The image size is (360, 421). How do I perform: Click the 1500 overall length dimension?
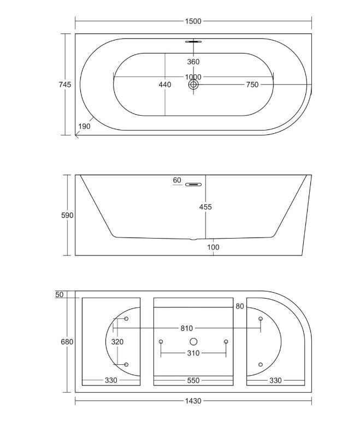tap(193, 21)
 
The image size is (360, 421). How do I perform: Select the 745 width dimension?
tap(64, 85)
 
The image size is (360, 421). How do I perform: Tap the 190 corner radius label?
tap(84, 127)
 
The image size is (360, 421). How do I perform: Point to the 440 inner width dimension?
tap(164, 85)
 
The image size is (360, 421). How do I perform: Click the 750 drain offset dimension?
tap(252, 85)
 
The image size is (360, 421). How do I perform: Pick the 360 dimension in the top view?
tap(193, 62)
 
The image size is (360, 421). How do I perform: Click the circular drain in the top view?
tap(193, 85)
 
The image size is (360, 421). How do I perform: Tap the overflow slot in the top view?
tap(193, 41)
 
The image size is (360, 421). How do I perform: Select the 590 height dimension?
tap(67, 215)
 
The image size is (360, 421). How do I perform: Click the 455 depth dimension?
tap(205, 207)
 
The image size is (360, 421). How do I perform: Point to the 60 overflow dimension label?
tap(176, 180)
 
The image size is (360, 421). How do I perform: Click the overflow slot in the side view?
tap(193, 184)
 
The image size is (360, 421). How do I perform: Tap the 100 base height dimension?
tap(213, 247)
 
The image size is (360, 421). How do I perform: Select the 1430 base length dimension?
tap(193, 401)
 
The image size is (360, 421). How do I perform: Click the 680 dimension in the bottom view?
tap(67, 342)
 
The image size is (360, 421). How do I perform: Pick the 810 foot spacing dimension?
tap(186, 328)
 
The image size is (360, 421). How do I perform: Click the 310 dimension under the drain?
tap(193, 353)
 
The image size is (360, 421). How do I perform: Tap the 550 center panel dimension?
tap(193, 381)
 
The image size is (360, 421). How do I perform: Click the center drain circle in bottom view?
tap(193, 341)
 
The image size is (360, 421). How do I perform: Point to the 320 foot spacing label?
tap(117, 342)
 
